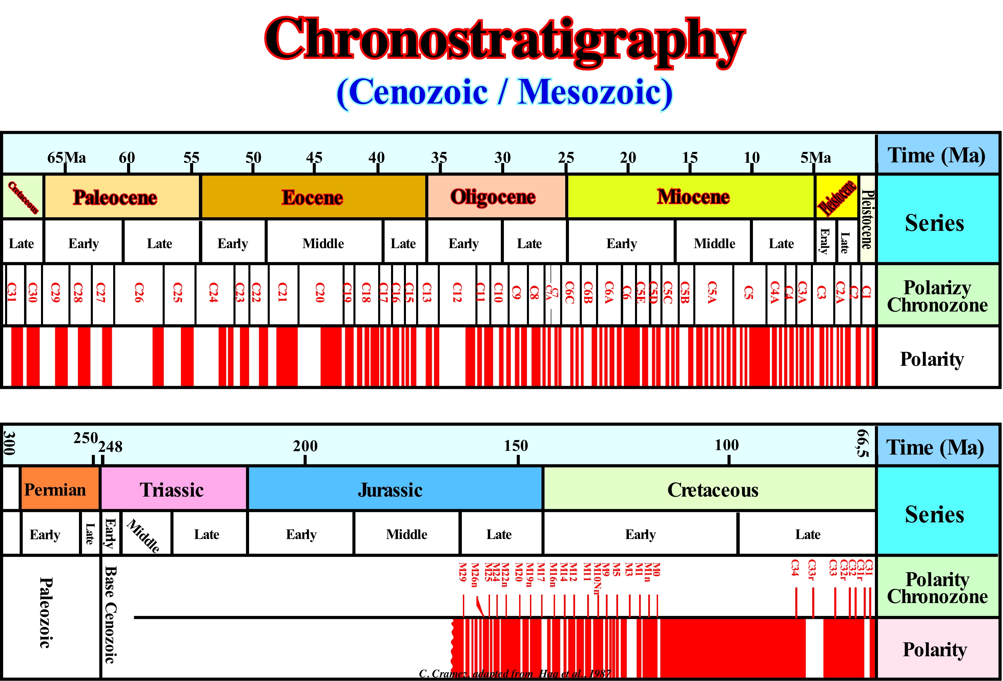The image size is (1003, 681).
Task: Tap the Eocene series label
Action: pos(312,197)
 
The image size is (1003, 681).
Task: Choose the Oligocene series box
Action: pos(494,197)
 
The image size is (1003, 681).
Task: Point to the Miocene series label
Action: pos(693,197)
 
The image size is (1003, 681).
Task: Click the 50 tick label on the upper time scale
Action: pos(253,157)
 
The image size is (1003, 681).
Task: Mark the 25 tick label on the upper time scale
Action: pos(566,157)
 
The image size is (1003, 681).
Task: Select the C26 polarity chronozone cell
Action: pos(139,293)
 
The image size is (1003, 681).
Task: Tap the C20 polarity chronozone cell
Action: pos(320,293)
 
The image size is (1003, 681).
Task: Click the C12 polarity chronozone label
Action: pos(457,293)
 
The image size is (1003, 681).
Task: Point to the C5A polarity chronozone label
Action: pos(712,293)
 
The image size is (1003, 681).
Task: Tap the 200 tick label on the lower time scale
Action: pos(305,446)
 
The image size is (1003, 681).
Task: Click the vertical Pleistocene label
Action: pos(867,219)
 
